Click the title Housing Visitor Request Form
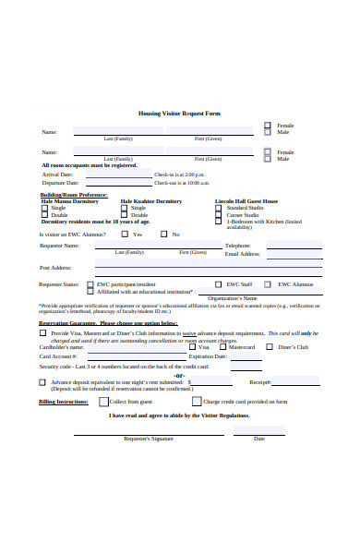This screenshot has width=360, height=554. pos(179,113)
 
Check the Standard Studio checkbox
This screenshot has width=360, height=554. pos(221,209)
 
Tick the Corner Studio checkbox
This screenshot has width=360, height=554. pos(221,215)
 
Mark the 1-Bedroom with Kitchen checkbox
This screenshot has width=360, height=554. pos(221,222)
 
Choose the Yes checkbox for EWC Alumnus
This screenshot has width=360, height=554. pos(126,235)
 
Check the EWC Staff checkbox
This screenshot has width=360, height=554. pos(219,284)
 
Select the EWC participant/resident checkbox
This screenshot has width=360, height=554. pos(90,285)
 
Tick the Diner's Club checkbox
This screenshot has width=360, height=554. pos(270,347)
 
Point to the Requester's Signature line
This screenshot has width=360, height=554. pos(148,432)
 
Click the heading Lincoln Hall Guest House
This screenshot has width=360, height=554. pos(246,200)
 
